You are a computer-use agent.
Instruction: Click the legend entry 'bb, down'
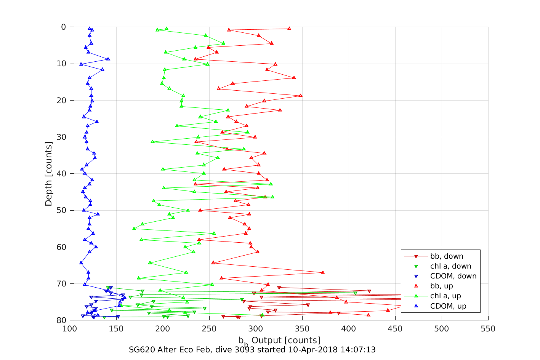pyautogui.click(x=447, y=256)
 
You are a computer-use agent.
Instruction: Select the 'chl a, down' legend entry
pyautogui.click(x=450, y=266)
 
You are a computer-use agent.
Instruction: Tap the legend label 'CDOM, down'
pyautogui.click(x=453, y=276)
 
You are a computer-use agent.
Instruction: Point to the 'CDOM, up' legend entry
pyautogui.click(x=448, y=306)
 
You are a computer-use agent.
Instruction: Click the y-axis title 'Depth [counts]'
pyautogui.click(x=48, y=174)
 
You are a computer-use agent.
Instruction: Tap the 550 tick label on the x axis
pyautogui.click(x=488, y=329)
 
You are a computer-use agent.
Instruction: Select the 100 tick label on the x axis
pyautogui.click(x=69, y=329)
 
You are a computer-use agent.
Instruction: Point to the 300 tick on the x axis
pyautogui.click(x=256, y=329)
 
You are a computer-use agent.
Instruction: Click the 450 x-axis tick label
pyautogui.click(x=395, y=329)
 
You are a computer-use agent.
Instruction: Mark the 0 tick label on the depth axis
pyautogui.click(x=63, y=27)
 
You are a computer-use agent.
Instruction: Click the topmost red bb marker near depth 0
pyautogui.click(x=289, y=29)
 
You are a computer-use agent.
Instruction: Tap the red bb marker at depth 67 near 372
pyautogui.click(x=323, y=272)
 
